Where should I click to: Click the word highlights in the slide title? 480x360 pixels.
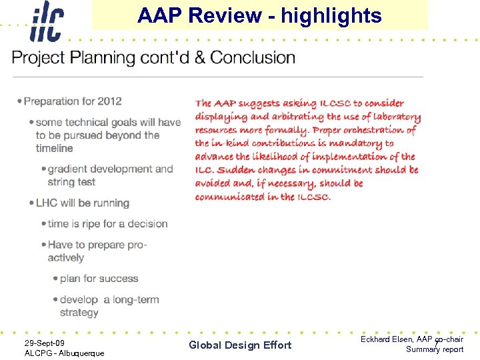pos(331,15)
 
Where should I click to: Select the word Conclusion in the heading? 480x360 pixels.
pos(253,57)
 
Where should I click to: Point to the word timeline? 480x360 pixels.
pos(55,148)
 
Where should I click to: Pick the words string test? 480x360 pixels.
pos(71,182)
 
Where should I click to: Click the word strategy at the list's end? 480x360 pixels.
pos(79,312)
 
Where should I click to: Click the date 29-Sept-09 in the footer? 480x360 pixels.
pos(45,343)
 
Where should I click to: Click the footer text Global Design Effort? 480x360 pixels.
pos(240,345)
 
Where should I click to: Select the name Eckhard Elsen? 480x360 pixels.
pos(385,339)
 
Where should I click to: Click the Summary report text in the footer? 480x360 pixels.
pos(434,349)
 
